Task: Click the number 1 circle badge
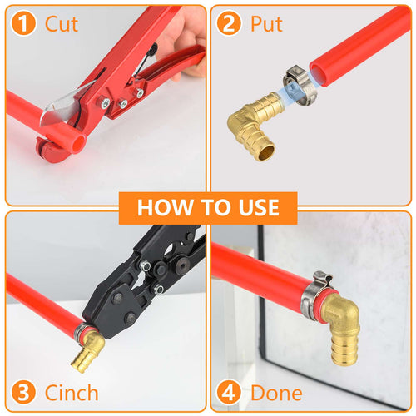click(x=25, y=24)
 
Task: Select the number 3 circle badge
click(x=25, y=392)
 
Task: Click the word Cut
click(x=62, y=24)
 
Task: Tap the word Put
click(x=266, y=24)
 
